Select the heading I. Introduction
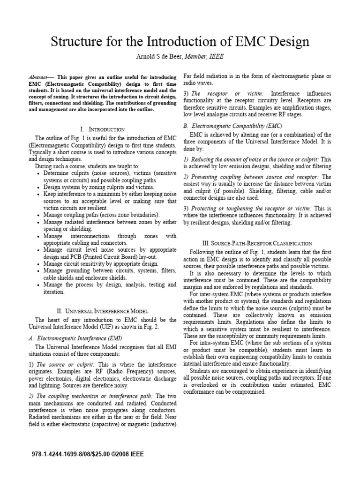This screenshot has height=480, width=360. point(103,128)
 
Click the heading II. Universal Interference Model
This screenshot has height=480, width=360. point(103,310)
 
